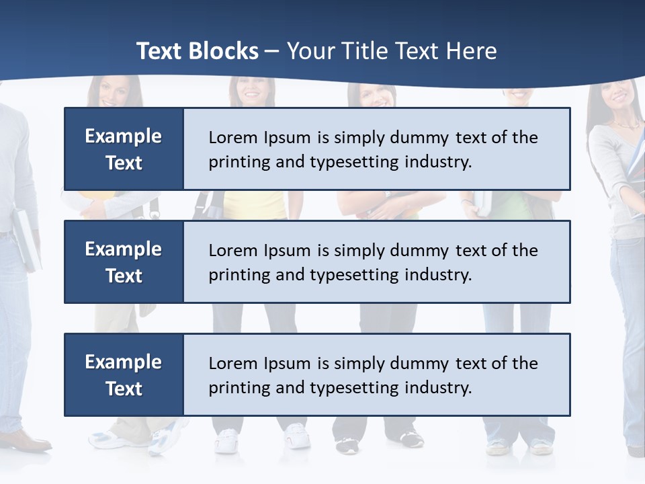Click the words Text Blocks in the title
coord(197,51)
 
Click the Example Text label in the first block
coord(124,149)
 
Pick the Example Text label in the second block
coord(124,262)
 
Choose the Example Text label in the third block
coord(124,375)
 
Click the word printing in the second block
coord(232,276)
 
